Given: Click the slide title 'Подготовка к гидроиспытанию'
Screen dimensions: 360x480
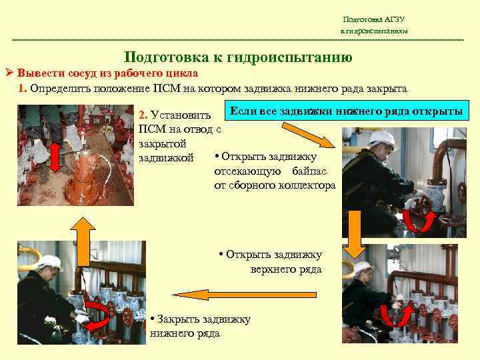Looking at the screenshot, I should click(238, 57).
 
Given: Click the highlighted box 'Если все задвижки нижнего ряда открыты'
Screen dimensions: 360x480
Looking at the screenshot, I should click(346, 111).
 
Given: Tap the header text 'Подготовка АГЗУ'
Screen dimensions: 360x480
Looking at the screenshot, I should click(373, 20).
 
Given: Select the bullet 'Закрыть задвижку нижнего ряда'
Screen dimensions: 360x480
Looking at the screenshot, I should click(201, 326).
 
